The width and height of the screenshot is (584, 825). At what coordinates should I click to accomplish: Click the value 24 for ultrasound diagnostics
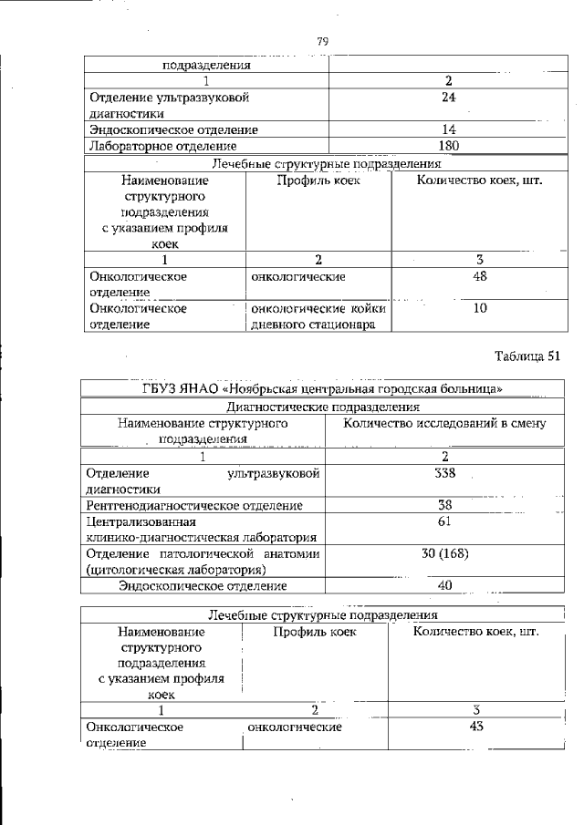[448, 97]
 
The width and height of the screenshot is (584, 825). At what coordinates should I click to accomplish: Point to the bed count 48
[480, 276]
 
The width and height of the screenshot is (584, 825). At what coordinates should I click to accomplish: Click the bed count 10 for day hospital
[480, 308]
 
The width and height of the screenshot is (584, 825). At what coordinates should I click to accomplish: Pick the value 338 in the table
[444, 472]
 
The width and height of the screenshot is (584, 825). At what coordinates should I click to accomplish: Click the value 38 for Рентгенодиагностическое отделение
[444, 505]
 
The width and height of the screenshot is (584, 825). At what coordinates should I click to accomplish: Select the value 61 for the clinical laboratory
[444, 521]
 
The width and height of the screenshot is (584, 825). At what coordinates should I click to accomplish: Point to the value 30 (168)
[444, 554]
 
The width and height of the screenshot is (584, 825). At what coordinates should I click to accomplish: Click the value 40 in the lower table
[444, 585]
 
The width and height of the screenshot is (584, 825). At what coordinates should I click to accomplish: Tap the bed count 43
[474, 727]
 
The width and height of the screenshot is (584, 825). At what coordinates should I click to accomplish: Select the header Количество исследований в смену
[444, 423]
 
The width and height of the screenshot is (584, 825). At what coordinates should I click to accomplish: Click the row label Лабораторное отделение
[162, 146]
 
